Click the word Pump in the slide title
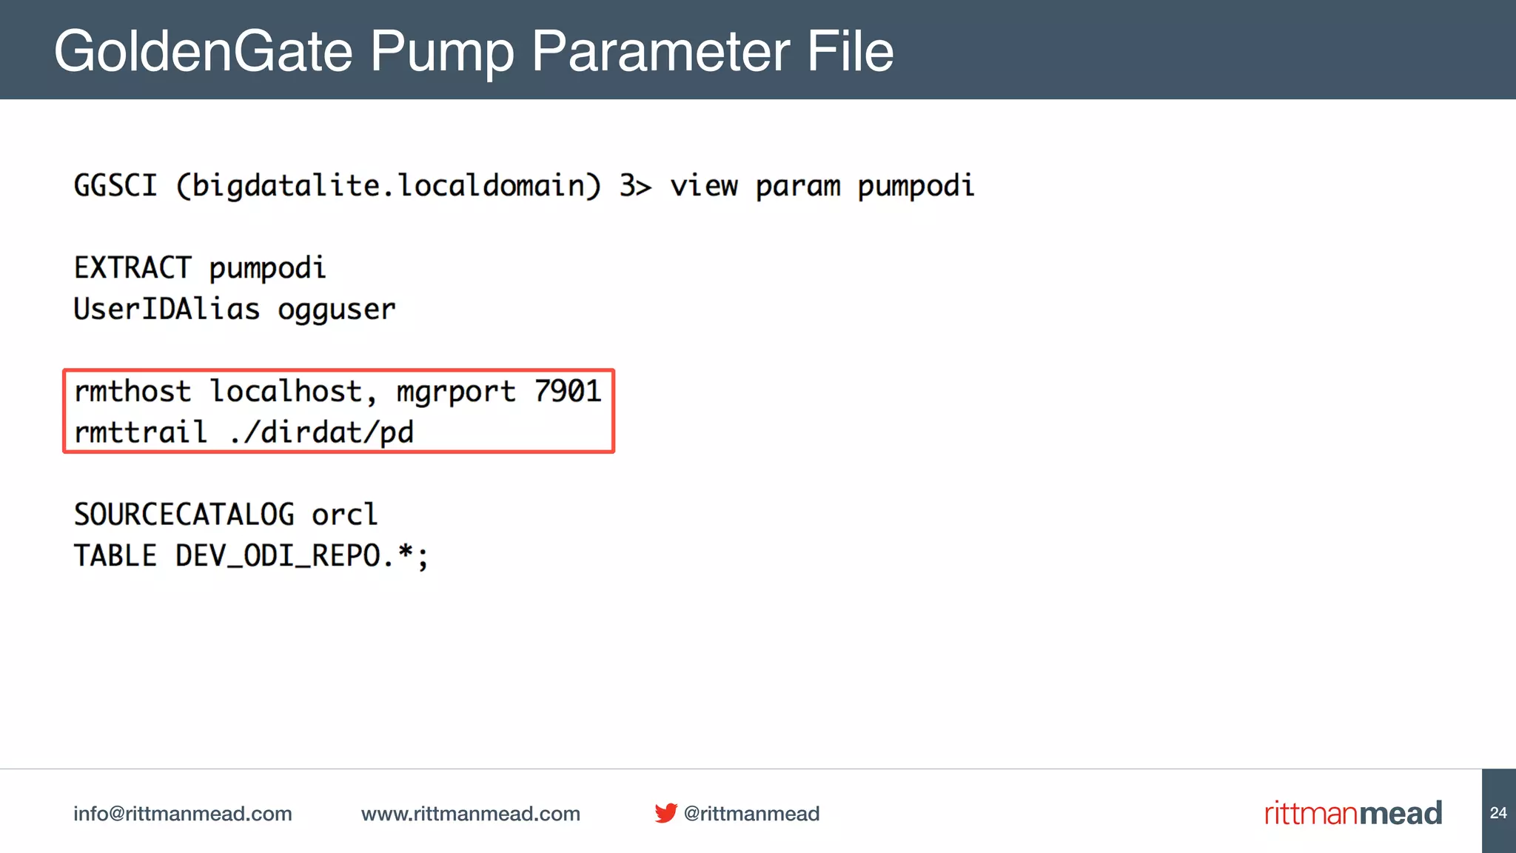(x=442, y=52)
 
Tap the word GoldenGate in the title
(x=204, y=52)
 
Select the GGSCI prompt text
(x=115, y=185)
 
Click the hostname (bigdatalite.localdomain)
(x=389, y=185)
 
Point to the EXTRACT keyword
(x=133, y=267)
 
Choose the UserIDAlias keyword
(x=167, y=309)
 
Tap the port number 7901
(x=568, y=391)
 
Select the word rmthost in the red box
(x=133, y=391)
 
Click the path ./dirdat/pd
(x=321, y=432)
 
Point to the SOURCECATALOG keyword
(x=184, y=515)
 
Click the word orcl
(x=344, y=515)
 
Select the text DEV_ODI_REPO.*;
(x=302, y=556)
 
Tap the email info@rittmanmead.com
(x=183, y=814)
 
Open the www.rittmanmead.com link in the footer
(x=471, y=814)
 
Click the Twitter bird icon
(x=665, y=813)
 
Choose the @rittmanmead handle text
(x=751, y=814)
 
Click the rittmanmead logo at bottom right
(x=1353, y=813)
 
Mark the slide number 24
(x=1498, y=813)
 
